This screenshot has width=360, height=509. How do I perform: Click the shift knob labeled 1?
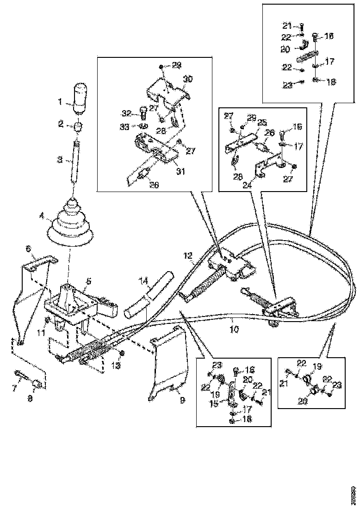click(x=81, y=97)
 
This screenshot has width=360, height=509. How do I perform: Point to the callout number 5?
click(x=88, y=280)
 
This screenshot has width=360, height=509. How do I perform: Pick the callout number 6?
click(x=28, y=249)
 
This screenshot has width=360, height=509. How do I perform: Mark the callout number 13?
click(x=117, y=365)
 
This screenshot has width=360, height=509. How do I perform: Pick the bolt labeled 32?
click(x=142, y=111)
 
